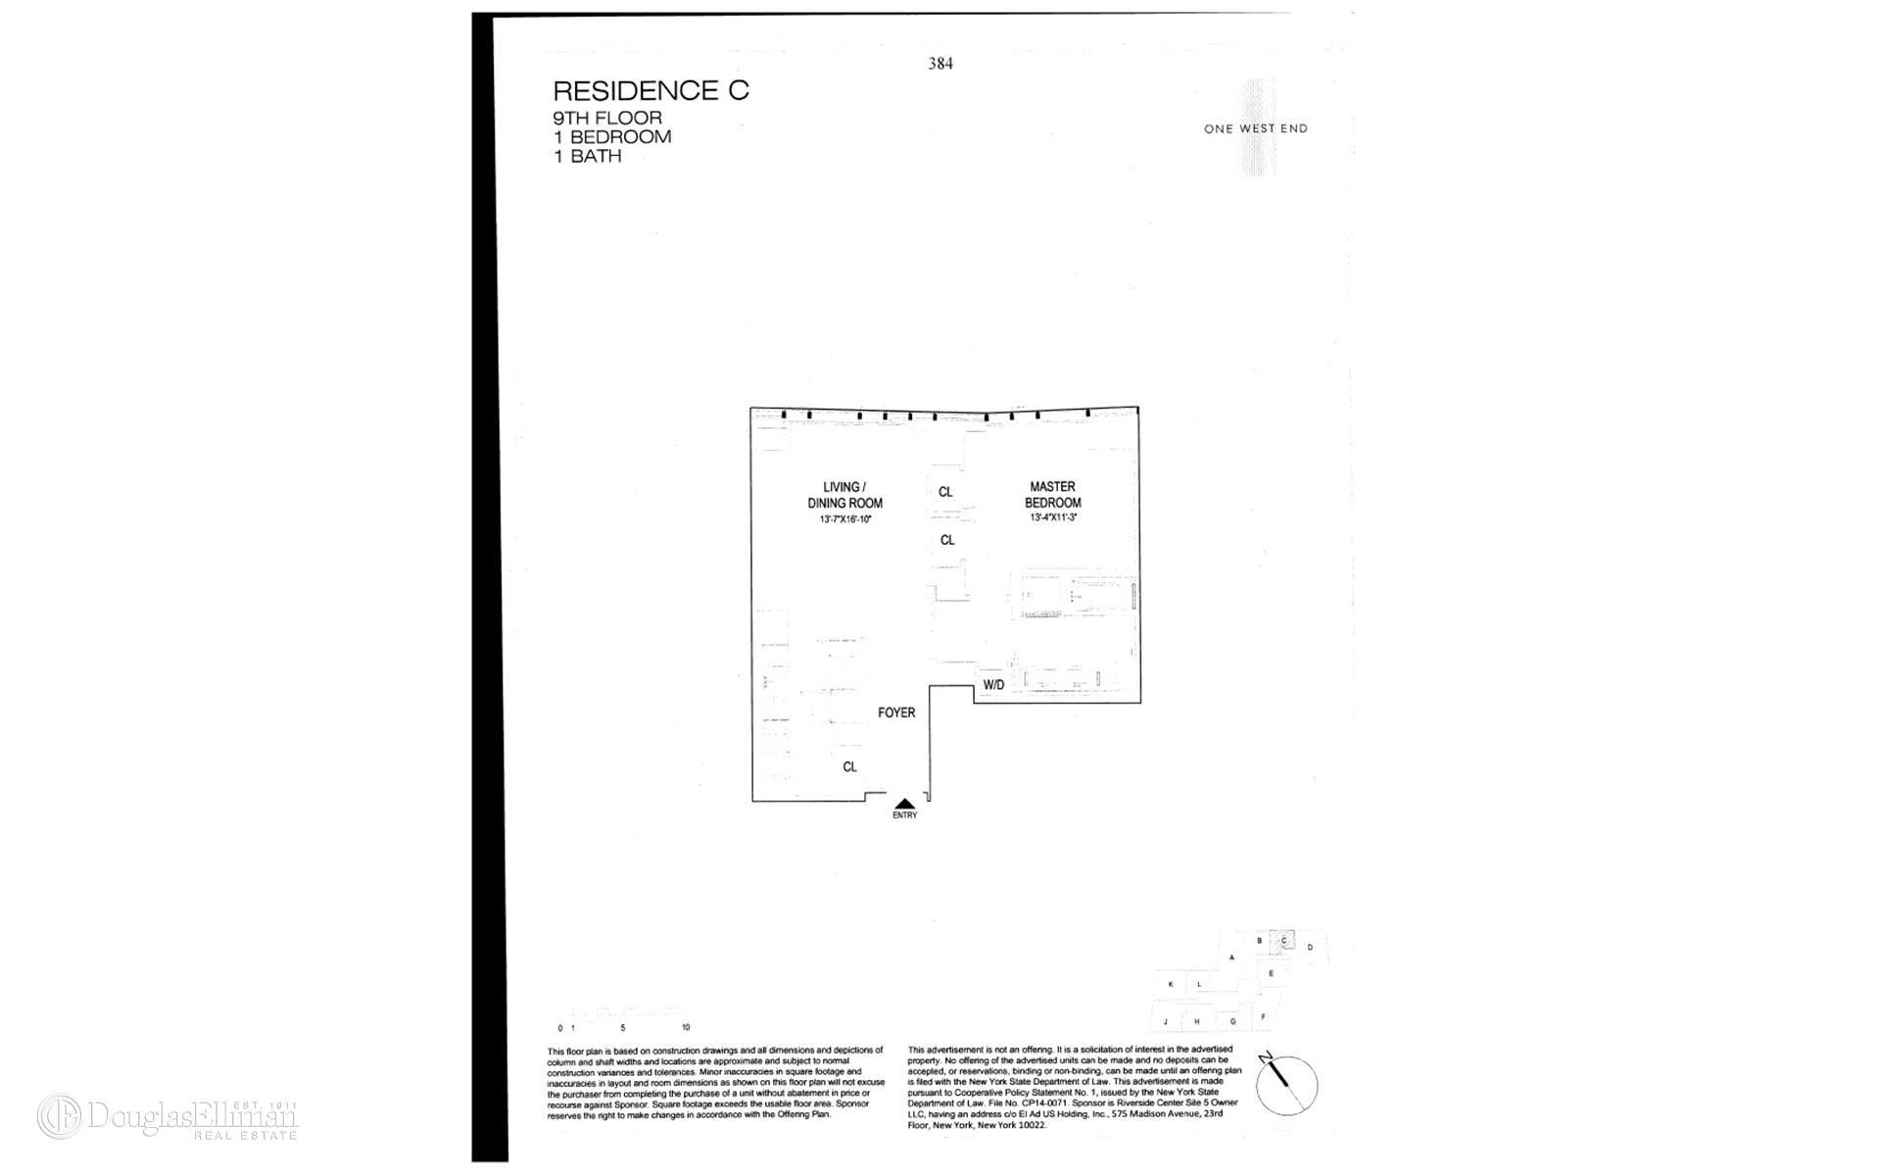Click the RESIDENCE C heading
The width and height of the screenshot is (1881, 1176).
coord(651,91)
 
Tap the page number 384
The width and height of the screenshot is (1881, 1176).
coord(940,64)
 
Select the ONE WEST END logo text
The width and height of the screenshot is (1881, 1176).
coord(1255,128)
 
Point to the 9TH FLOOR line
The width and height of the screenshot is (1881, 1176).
coord(607,119)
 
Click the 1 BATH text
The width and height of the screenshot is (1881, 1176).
coord(588,156)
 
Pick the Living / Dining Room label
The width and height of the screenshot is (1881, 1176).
coord(844,495)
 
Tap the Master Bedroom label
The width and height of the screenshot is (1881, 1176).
coord(1052,494)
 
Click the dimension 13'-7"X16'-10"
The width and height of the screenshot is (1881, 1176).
coord(844,519)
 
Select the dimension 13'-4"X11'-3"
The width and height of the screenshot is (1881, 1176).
coord(1053,517)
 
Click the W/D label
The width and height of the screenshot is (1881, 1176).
coord(993,685)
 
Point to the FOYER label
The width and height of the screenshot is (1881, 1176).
coord(896,712)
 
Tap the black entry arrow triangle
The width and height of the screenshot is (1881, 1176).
coord(905,804)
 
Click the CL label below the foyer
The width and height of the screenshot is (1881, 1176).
coord(849,766)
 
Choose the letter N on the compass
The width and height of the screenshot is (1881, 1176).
coord(1266,1056)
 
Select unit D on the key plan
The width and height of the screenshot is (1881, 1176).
coord(1310,948)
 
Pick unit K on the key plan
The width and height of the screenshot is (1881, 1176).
coord(1170,984)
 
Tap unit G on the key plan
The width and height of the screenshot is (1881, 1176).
coord(1232,1021)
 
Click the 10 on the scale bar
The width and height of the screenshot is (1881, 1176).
coord(686,1028)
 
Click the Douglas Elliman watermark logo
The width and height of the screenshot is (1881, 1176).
coord(168,1117)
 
